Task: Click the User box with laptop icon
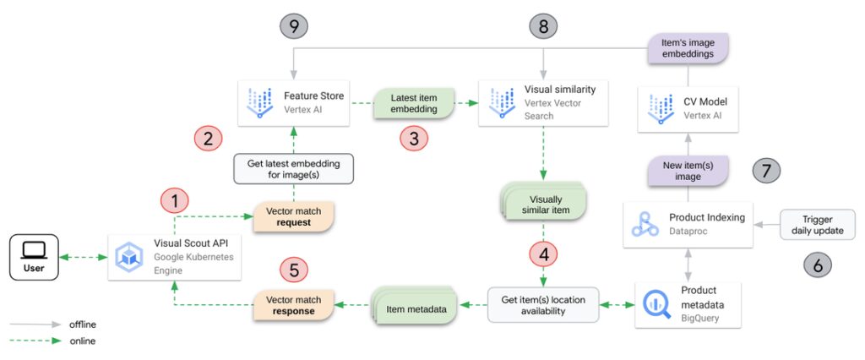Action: point(35,256)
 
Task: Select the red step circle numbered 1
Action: point(175,201)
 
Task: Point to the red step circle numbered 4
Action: point(544,253)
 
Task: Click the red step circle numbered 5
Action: point(293,270)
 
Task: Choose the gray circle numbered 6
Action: point(817,265)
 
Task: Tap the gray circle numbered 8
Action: point(544,26)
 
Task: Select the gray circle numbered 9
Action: point(293,26)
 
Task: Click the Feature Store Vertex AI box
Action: point(293,103)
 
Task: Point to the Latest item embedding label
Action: point(413,103)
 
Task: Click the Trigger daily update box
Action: point(816,224)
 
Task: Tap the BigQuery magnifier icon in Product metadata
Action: point(652,303)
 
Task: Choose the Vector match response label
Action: point(293,303)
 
